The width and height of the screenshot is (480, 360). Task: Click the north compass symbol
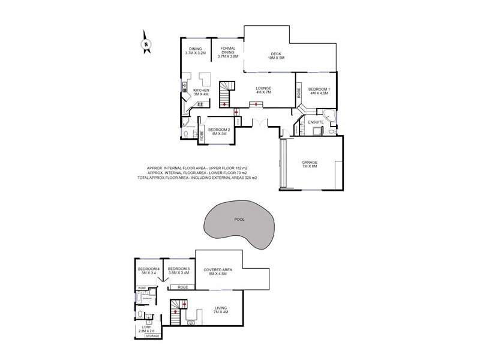coord(145,43)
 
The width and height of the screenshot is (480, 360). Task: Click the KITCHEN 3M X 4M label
coord(200,92)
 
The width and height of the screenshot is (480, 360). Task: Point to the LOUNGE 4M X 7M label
coord(263,90)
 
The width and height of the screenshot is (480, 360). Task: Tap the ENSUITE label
coord(316,122)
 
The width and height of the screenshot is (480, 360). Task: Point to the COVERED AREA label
coord(218,272)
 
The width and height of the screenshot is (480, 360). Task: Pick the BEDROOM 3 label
coord(179,271)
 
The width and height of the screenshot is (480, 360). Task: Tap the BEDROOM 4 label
coord(148,271)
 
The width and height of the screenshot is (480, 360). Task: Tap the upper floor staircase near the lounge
coord(226,94)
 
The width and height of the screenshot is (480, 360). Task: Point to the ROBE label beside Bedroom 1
coord(298,93)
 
